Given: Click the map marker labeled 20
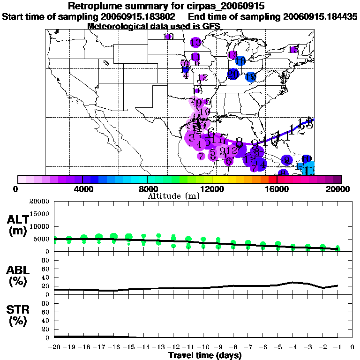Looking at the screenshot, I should pos(233,74).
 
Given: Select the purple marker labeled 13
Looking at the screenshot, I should pos(195,43).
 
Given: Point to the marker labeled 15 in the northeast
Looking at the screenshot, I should pos(293,50).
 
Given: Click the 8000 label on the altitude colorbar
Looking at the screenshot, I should pos(147,189).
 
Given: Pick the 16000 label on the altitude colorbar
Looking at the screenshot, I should pos(277,189).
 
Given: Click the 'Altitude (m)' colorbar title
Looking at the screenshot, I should pos(173,195).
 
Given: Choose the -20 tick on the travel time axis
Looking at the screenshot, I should pos(54,347).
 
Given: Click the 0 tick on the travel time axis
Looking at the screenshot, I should pos(352,347).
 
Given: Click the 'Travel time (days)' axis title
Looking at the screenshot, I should pos(205,355).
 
